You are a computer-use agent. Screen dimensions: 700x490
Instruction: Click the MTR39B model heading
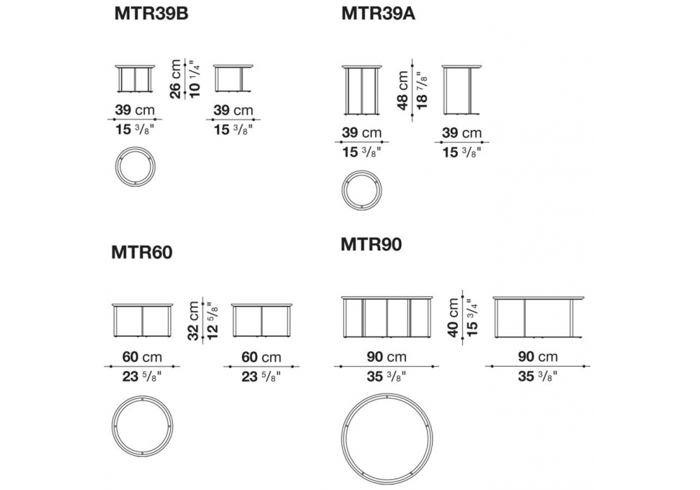click(151, 14)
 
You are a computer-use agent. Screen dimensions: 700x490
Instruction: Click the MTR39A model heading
click(378, 14)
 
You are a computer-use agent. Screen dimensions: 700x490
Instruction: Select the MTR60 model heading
click(141, 253)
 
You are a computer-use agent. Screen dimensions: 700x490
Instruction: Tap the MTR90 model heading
click(371, 244)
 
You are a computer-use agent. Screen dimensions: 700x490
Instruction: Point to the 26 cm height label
click(176, 79)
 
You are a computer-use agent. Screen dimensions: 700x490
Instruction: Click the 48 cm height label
click(402, 90)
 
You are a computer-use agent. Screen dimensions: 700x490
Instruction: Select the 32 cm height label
click(193, 321)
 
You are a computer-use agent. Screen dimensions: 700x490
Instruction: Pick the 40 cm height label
click(453, 318)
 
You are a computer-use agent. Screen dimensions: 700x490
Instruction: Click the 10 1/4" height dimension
click(194, 79)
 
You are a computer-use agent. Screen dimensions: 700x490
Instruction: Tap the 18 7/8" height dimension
click(421, 90)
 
